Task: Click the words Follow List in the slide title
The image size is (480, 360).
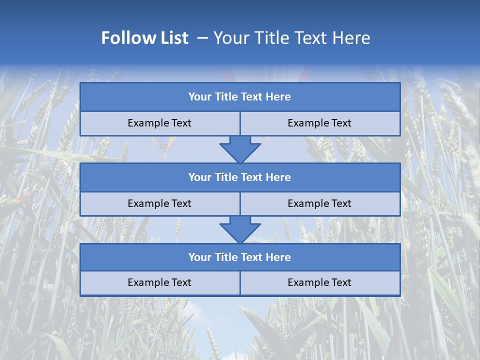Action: (145, 38)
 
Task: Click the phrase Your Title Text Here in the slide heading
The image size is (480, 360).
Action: (291, 38)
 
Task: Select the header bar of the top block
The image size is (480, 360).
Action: (240, 97)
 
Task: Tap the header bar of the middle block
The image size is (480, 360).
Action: (240, 177)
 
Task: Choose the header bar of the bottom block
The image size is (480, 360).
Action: (240, 257)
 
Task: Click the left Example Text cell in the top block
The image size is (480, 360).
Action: (159, 123)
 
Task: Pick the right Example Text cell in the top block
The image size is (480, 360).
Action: (320, 123)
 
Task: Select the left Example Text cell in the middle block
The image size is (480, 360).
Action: (159, 203)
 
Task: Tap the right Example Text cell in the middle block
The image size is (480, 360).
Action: (320, 203)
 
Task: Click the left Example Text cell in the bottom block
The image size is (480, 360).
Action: (159, 282)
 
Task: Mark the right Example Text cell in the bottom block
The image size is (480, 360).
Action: (320, 282)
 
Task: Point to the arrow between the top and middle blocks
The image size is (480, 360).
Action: (240, 149)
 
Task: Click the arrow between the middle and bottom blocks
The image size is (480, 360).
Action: (240, 229)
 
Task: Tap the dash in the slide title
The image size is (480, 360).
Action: (202, 38)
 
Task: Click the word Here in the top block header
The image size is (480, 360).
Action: (278, 97)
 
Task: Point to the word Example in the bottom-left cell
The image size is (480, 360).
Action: (148, 282)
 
